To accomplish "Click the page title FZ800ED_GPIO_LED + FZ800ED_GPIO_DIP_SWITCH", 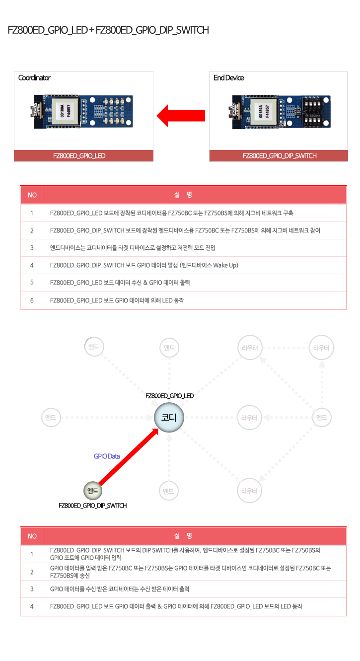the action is coord(108,30).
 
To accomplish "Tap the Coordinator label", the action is coord(34,77).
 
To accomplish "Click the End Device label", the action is coord(229,77).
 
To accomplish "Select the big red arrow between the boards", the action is coord(181,116).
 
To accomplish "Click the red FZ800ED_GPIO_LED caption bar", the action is coord(83,155).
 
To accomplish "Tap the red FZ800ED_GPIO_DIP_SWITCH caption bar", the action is coord(279,155).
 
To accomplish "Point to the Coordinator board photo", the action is coord(81,111).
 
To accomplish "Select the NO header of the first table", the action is coord(32,195).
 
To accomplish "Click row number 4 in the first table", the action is coord(32,265).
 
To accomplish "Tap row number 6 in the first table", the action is coord(32,300).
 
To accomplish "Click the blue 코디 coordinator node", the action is coord(169,418).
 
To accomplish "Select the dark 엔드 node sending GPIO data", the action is coord(93,491).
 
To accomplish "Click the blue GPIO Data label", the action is coord(107,456).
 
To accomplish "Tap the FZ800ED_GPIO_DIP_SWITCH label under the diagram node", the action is coord(93,506).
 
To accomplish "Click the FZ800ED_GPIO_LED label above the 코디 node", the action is coord(170,396).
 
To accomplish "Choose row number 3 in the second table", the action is coord(32,589).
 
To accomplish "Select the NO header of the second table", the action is coord(32,536).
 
